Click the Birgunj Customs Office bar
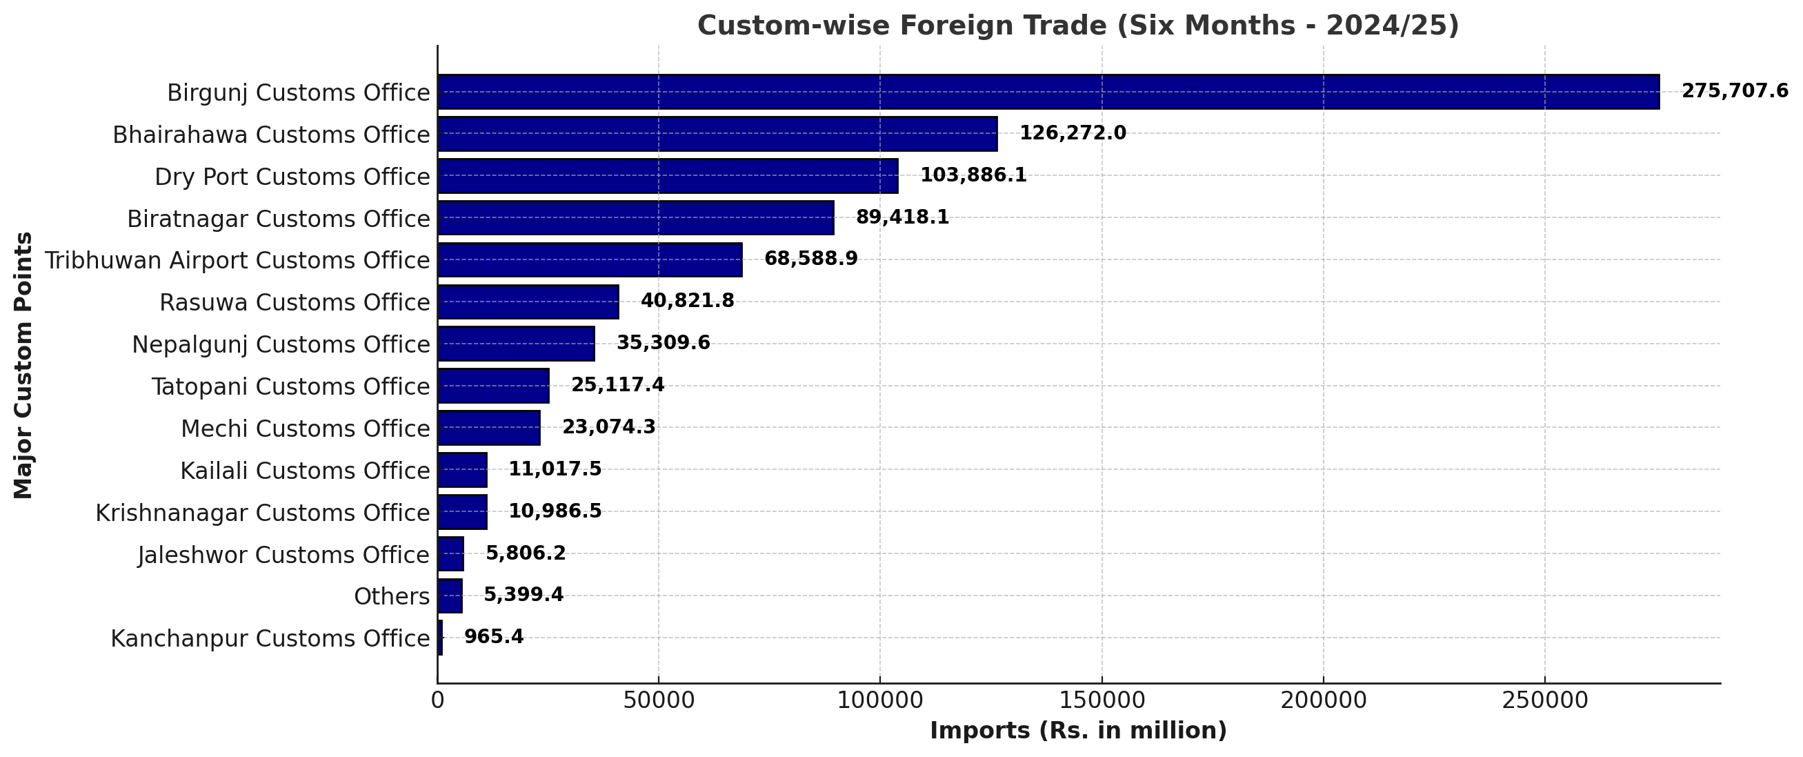point(1048,92)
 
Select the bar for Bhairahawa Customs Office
point(717,134)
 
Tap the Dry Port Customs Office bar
point(668,176)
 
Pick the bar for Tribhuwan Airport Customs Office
point(590,259)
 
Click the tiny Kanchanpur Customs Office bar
point(440,638)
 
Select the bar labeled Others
point(450,596)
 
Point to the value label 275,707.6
point(1735,91)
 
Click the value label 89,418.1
point(902,217)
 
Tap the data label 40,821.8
point(687,301)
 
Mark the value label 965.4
point(493,637)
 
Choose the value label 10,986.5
point(555,511)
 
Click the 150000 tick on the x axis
point(1102,700)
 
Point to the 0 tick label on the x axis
point(437,700)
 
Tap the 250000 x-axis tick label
point(1545,700)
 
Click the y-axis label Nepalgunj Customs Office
point(281,344)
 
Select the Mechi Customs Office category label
point(305,429)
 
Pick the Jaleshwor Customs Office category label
point(283,555)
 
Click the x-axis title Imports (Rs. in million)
point(1079,731)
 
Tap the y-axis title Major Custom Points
point(23,365)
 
